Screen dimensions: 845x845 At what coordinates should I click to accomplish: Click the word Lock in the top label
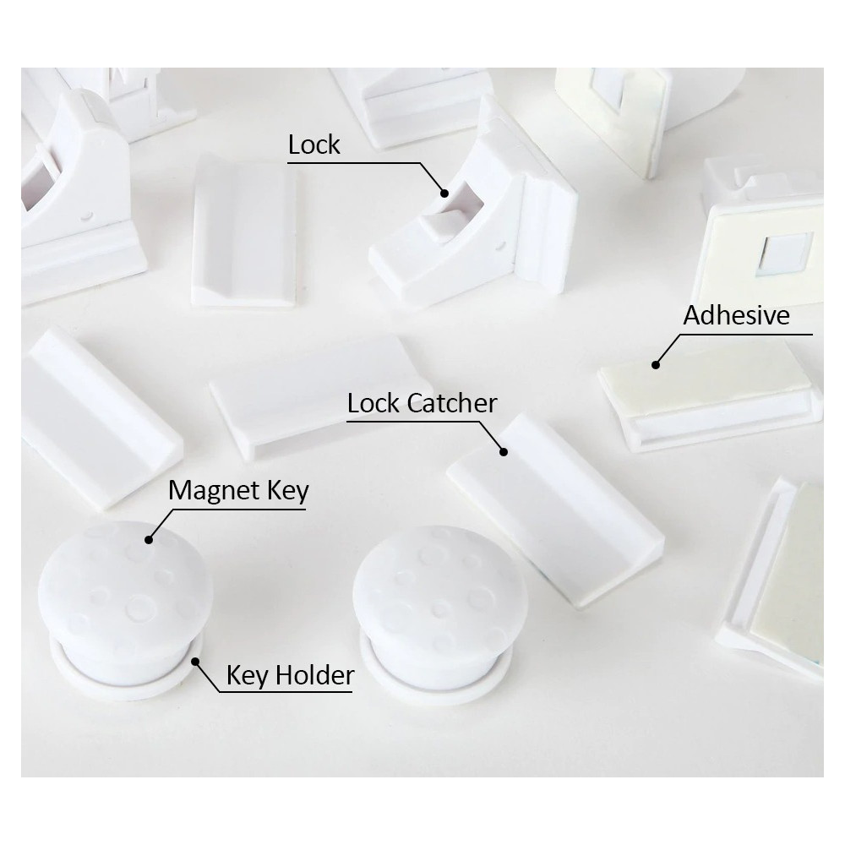coord(314,144)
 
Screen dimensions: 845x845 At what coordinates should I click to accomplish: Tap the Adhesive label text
coord(736,315)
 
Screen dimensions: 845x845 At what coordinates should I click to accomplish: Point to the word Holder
coord(314,675)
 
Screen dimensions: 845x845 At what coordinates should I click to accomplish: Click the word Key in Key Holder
coord(248,676)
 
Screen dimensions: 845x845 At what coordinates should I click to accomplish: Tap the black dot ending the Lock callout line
coord(444,193)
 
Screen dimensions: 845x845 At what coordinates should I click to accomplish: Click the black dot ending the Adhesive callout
coord(656,365)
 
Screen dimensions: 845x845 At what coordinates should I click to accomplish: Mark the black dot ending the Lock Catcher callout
coord(504,451)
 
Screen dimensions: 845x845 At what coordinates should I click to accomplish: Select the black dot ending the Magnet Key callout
coord(149,539)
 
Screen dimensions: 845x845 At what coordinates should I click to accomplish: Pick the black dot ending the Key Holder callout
coord(196,662)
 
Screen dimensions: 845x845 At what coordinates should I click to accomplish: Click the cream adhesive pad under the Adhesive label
coord(706,382)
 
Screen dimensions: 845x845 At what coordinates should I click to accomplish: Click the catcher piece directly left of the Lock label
coord(243,232)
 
